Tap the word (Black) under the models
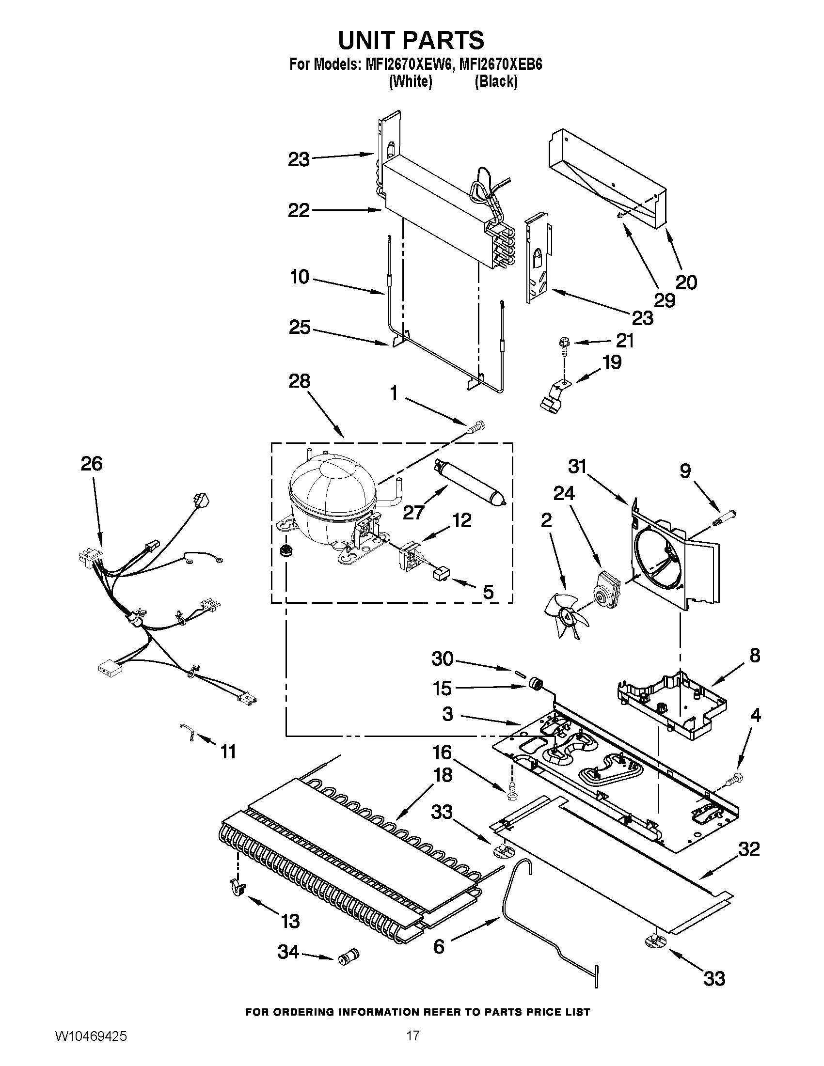coord(495,81)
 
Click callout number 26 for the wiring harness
coord(91,463)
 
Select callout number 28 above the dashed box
coord(299,381)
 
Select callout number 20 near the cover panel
coord(686,282)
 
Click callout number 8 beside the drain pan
coord(754,656)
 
